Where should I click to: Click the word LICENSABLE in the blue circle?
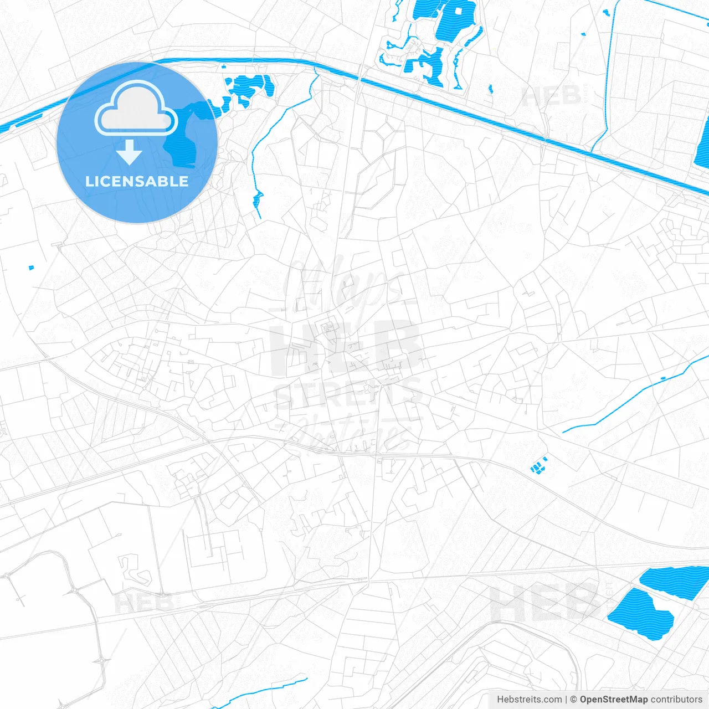coord(137,181)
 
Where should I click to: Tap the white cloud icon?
coord(136,109)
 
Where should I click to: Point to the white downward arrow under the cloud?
coord(130,152)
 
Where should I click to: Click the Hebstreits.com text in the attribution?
coord(529,700)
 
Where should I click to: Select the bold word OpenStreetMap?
coord(613,700)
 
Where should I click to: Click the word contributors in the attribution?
coord(676,700)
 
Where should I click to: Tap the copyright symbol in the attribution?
coord(573,700)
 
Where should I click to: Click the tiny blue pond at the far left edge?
coord(31,268)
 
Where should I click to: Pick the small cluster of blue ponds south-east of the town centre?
coord(538,466)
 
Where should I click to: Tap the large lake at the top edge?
coord(454,19)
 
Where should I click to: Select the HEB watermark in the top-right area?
coord(552,96)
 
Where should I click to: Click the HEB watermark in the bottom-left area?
coord(143,603)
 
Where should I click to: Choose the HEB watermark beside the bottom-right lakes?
coord(546,602)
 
